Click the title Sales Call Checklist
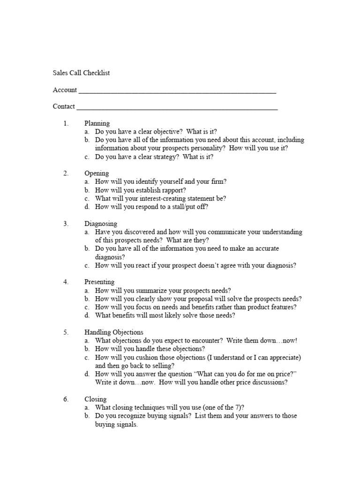81,73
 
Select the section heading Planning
97,123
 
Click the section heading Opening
97,173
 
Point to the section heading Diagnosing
101,224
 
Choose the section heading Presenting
99,282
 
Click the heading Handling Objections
114,332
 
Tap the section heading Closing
96,399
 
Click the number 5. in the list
66,332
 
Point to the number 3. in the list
66,224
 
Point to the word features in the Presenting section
279,307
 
